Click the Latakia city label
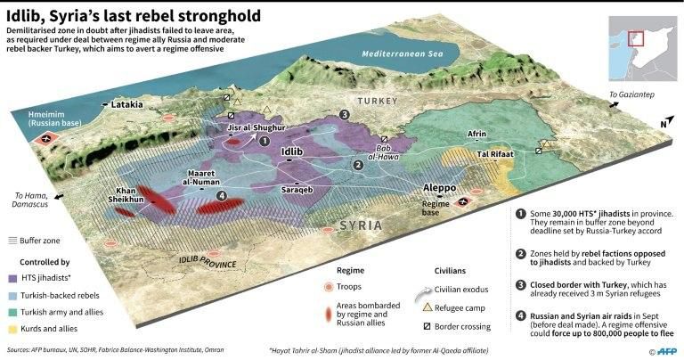pyautogui.click(x=127, y=104)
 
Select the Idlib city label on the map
pyautogui.click(x=292, y=152)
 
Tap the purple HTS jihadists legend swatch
pyautogui.click(x=13, y=278)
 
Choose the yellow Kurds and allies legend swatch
pyautogui.click(x=13, y=329)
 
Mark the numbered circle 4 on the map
pyautogui.click(x=222, y=195)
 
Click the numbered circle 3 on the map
pyautogui.click(x=344, y=115)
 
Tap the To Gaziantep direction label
pyautogui.click(x=632, y=94)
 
